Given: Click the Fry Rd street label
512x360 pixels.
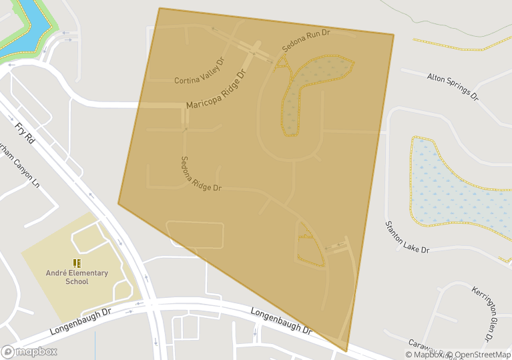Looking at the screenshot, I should [25, 132].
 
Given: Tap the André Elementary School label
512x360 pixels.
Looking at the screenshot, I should [77, 277].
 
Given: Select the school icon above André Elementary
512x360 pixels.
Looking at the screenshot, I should [77, 262].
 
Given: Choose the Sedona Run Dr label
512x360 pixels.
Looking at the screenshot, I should [306, 41].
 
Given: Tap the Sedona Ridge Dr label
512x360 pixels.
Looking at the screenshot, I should [200, 174].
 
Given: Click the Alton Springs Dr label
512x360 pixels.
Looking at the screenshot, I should [453, 85].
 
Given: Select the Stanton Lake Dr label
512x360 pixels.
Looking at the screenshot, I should [407, 237].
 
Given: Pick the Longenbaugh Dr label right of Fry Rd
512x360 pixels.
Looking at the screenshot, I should [281, 321].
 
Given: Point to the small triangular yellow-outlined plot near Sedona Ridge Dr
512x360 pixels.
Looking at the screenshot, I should [309, 247].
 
